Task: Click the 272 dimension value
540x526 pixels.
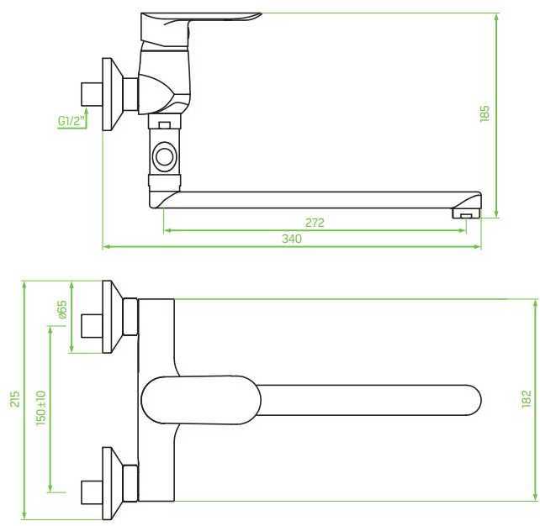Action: point(315,223)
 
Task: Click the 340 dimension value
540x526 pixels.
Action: point(292,239)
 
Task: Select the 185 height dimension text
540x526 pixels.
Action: point(484,113)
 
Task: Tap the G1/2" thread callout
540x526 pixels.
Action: point(71,121)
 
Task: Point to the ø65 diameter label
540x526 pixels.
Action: point(62,309)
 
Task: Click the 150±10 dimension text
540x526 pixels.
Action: point(40,408)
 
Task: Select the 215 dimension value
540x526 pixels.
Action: point(15,399)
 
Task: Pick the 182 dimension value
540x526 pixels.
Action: point(527,399)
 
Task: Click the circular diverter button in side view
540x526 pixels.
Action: point(164,157)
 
